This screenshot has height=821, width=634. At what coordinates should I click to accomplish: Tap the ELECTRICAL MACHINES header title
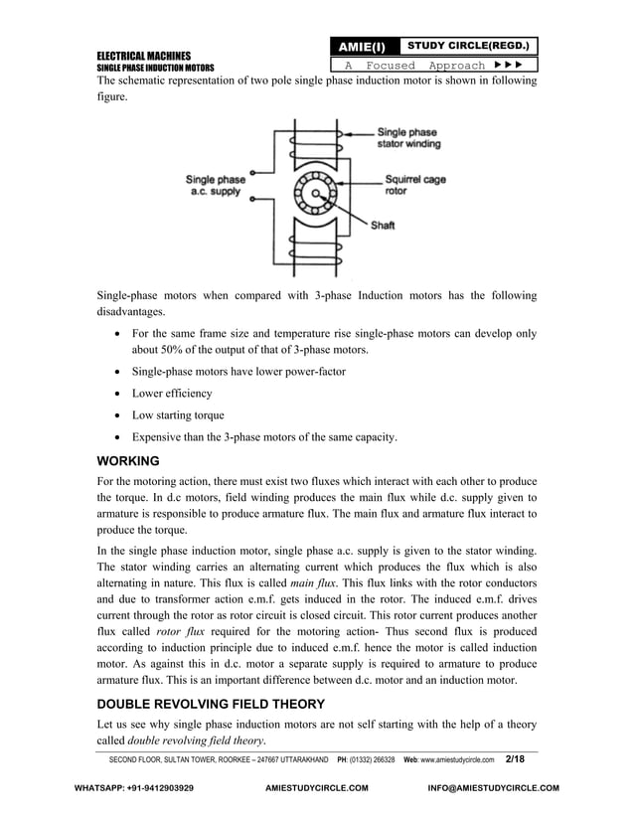tap(143, 55)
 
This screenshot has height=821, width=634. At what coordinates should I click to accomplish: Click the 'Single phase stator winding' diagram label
tap(409, 137)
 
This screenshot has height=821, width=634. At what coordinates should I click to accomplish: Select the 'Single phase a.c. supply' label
tap(216, 185)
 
